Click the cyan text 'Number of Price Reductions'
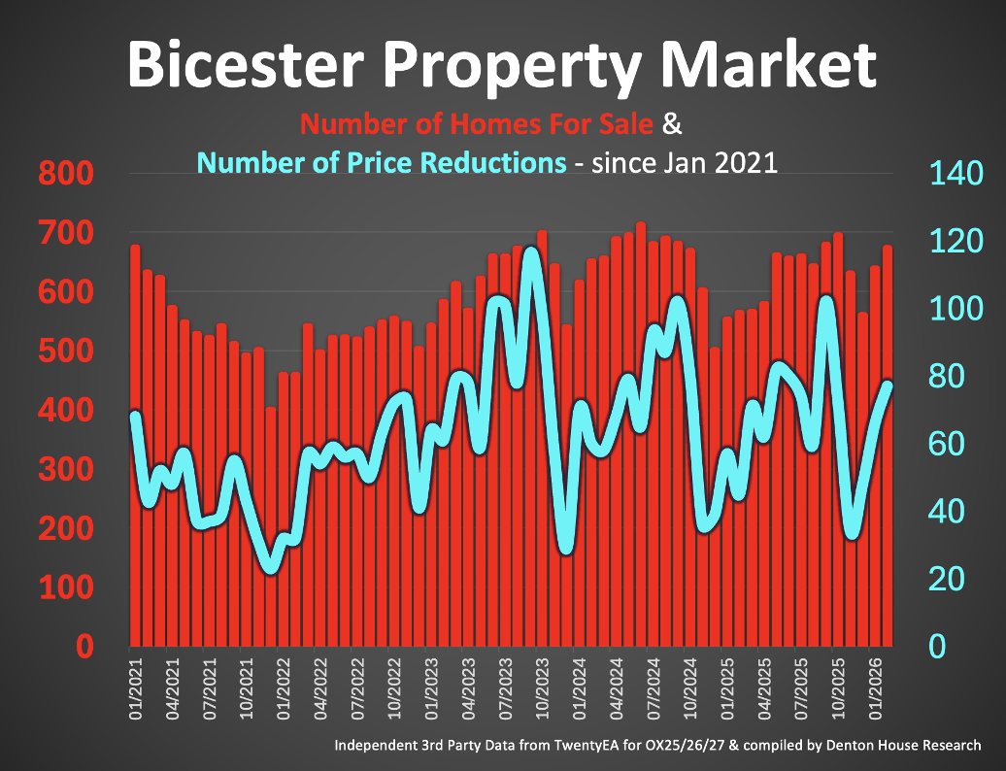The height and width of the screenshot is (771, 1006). pyautogui.click(x=382, y=161)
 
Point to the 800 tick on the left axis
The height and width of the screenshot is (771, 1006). pyautogui.click(x=66, y=176)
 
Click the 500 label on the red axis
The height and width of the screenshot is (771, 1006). pyautogui.click(x=66, y=352)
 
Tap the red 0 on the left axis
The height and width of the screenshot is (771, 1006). pyautogui.click(x=84, y=648)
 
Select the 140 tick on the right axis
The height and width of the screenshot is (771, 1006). pyautogui.click(x=957, y=176)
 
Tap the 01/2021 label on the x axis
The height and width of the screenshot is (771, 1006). pyautogui.click(x=136, y=689)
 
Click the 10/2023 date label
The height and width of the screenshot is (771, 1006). pyautogui.click(x=543, y=689)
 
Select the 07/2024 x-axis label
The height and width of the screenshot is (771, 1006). pyautogui.click(x=654, y=689)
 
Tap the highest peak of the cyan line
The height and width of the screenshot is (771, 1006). pyautogui.click(x=531, y=254)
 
